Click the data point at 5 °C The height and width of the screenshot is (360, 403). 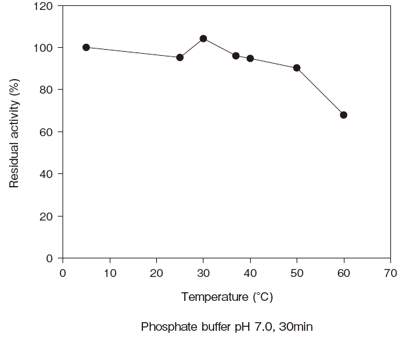point(86,47)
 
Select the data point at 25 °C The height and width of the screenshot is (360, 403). point(180,57)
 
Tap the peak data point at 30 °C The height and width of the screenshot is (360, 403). point(203,39)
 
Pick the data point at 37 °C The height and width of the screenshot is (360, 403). point(235,56)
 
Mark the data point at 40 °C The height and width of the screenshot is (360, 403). point(250,58)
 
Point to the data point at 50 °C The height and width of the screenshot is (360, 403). point(297,68)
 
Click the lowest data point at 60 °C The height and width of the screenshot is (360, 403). point(344,115)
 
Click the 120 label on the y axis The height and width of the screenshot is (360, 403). point(43,6)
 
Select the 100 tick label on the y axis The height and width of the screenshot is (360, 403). point(43,48)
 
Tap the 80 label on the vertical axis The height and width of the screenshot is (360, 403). point(47,90)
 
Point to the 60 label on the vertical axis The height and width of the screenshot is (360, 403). point(47,132)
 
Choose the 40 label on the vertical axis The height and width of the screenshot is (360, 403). point(47,174)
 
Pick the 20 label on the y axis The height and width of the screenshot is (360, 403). point(47,217)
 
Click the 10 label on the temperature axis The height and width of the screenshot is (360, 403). point(110,273)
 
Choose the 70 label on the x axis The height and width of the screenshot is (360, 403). point(390,273)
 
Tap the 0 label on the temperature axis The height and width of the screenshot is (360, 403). point(63,273)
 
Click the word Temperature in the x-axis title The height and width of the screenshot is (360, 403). point(215,297)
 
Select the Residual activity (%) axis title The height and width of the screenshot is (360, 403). point(14,134)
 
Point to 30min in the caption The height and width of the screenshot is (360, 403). point(296,327)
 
